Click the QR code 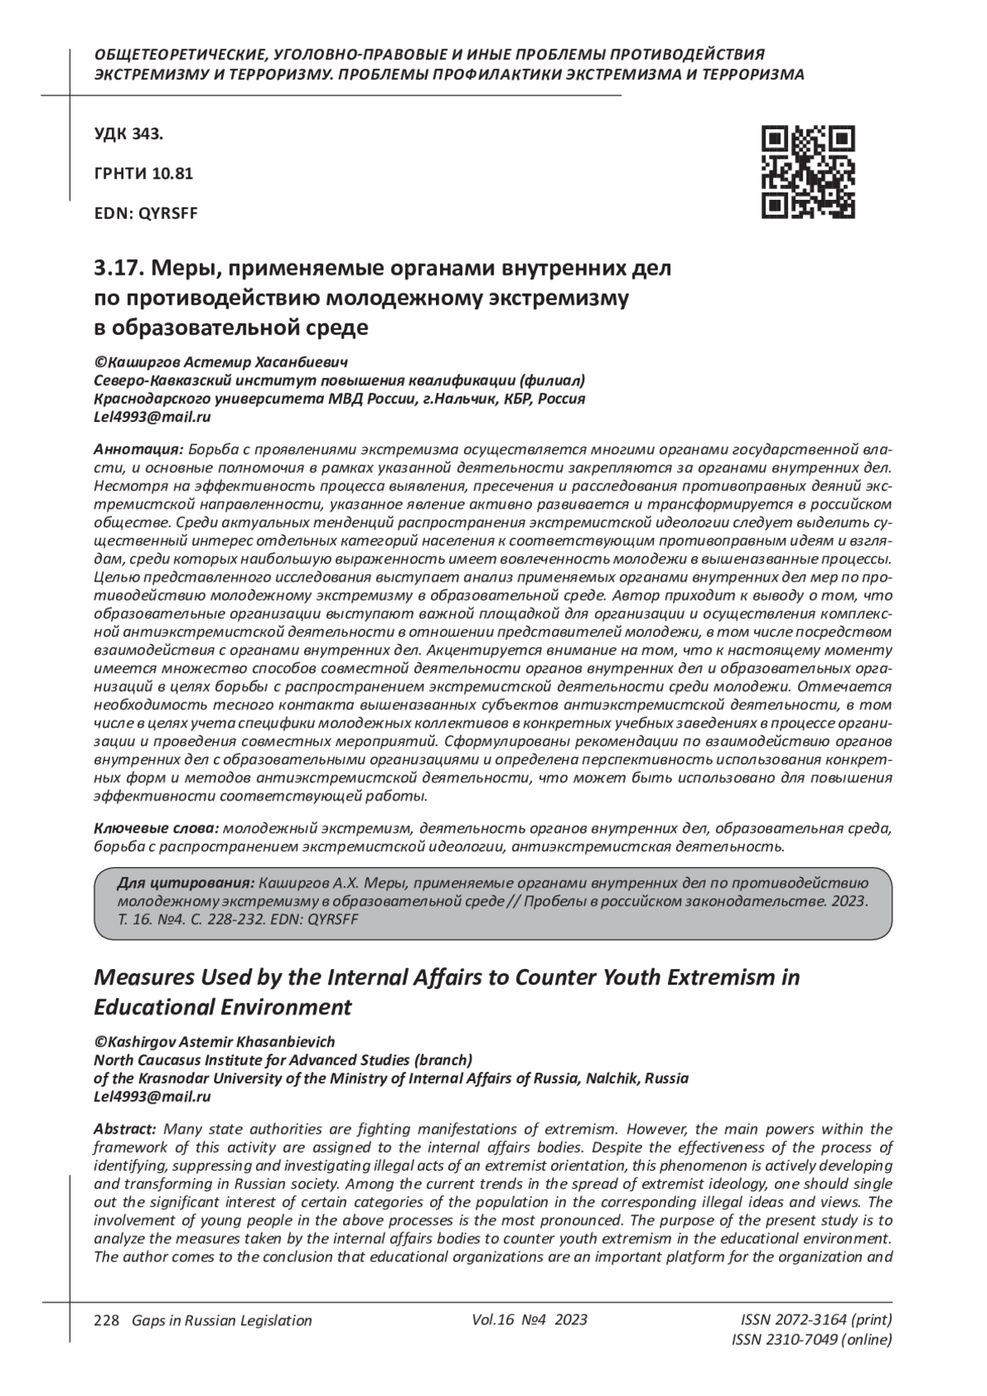pyautogui.click(x=808, y=172)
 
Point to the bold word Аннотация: pyautogui.click(x=138, y=450)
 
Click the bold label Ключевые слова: pyautogui.click(x=156, y=827)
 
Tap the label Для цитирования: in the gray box pyautogui.click(x=186, y=883)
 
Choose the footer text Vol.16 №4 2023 pyautogui.click(x=530, y=1319)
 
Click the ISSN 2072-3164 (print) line pyautogui.click(x=816, y=1320)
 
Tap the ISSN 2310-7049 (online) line pyautogui.click(x=811, y=1340)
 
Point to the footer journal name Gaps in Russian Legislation pyautogui.click(x=216, y=1320)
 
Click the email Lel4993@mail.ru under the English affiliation pyautogui.click(x=153, y=1097)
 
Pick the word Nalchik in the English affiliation pyautogui.click(x=614, y=1078)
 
